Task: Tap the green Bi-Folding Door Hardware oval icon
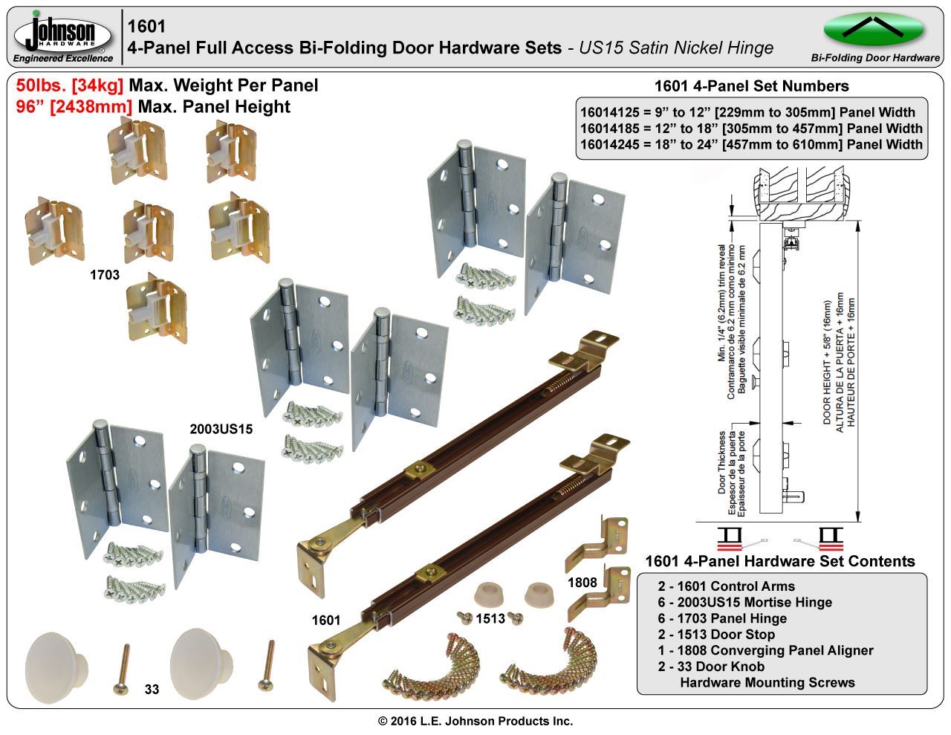[874, 30]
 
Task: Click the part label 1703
[105, 275]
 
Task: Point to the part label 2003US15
[221, 429]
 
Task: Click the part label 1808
[582, 582]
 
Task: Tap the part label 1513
[490, 618]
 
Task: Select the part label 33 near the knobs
[152, 690]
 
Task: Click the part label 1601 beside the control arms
[326, 620]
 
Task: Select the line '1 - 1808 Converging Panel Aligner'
[765, 650]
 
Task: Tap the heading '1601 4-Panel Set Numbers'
[751, 85]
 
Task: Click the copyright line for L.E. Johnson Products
[475, 721]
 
